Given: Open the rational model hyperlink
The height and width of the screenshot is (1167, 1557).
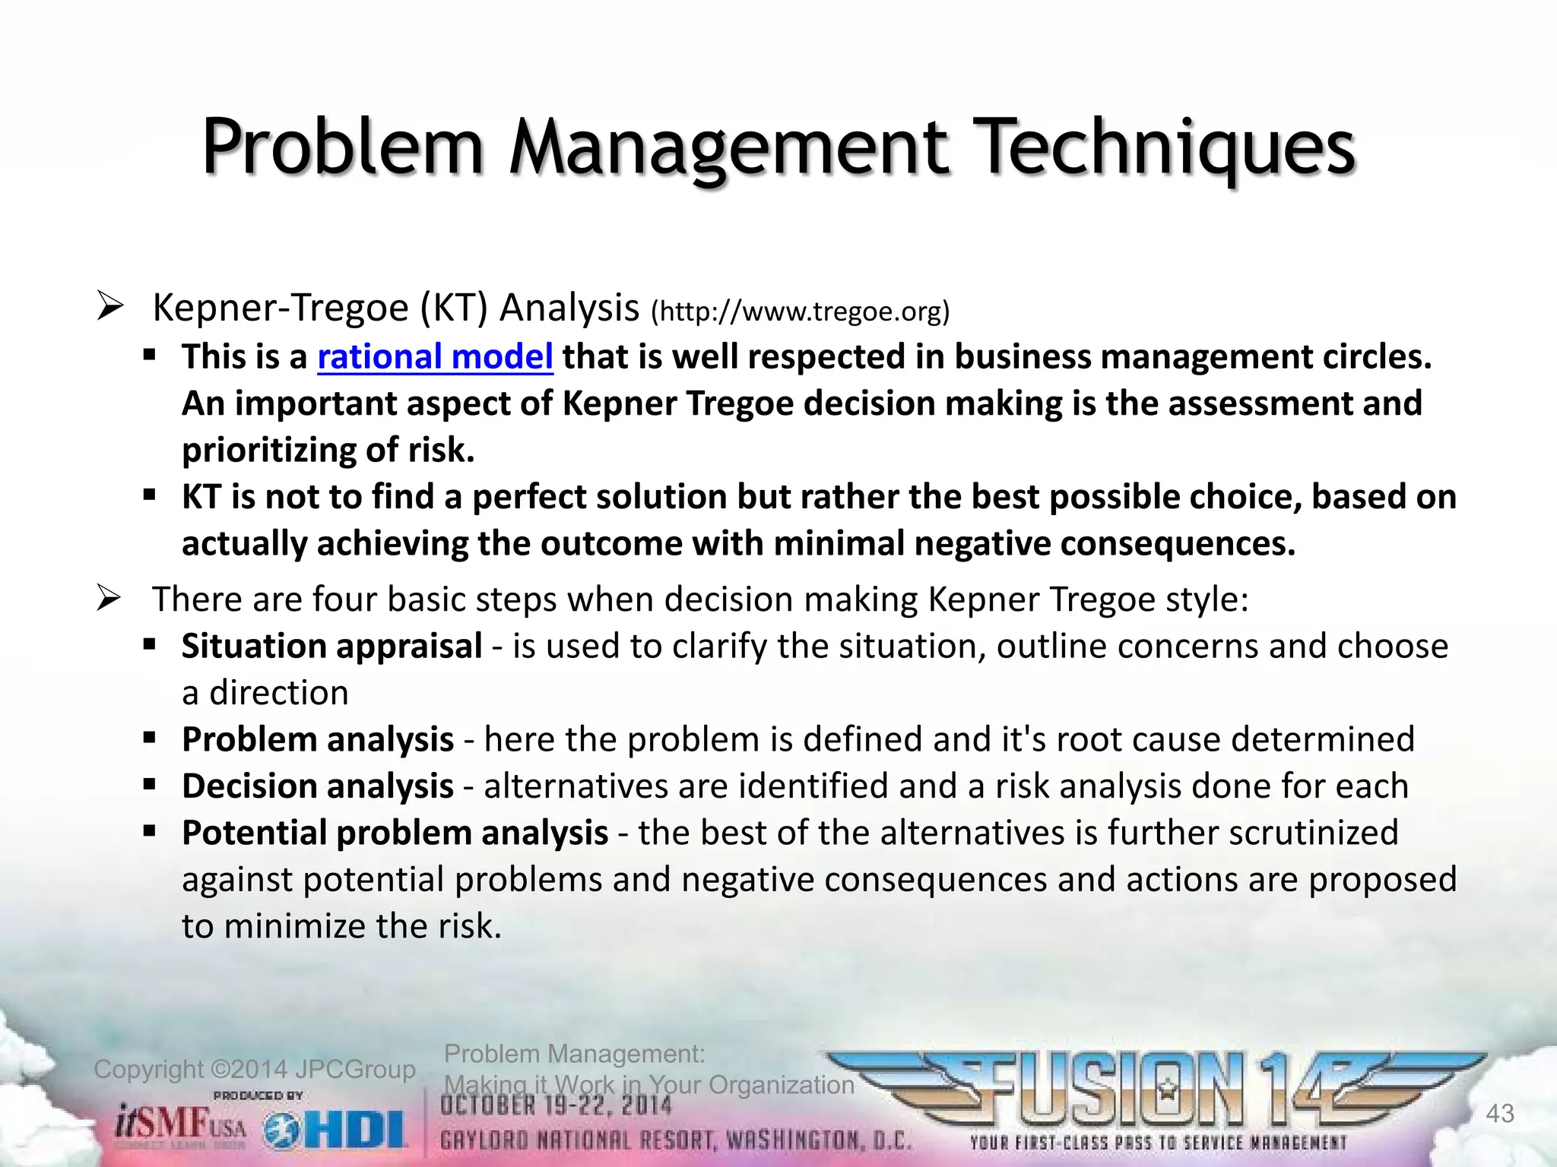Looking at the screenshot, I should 435,357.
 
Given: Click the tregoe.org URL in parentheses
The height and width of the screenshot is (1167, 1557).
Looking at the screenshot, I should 801,312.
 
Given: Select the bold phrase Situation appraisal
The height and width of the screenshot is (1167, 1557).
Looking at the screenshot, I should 331,647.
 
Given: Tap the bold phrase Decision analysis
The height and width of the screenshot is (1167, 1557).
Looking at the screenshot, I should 317,786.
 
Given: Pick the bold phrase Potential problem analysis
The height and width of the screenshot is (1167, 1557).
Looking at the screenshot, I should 395,833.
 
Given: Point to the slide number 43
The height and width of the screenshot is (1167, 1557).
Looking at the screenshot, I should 1499,1114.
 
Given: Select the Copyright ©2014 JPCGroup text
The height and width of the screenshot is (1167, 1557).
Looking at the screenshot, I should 254,1069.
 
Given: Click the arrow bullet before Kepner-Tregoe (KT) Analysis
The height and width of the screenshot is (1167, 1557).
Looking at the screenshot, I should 110,308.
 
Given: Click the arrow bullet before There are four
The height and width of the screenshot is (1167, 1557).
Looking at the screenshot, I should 110,600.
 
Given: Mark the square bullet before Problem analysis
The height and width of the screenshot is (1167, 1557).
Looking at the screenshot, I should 150,738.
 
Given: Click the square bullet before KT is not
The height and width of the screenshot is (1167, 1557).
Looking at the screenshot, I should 150,495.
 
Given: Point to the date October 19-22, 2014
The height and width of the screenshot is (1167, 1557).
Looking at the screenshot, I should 557,1105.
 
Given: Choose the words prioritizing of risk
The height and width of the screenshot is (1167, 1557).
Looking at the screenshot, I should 328,451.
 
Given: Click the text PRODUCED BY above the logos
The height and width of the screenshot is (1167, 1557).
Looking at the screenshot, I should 258,1095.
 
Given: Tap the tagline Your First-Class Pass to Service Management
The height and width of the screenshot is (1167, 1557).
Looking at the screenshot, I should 1157,1143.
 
